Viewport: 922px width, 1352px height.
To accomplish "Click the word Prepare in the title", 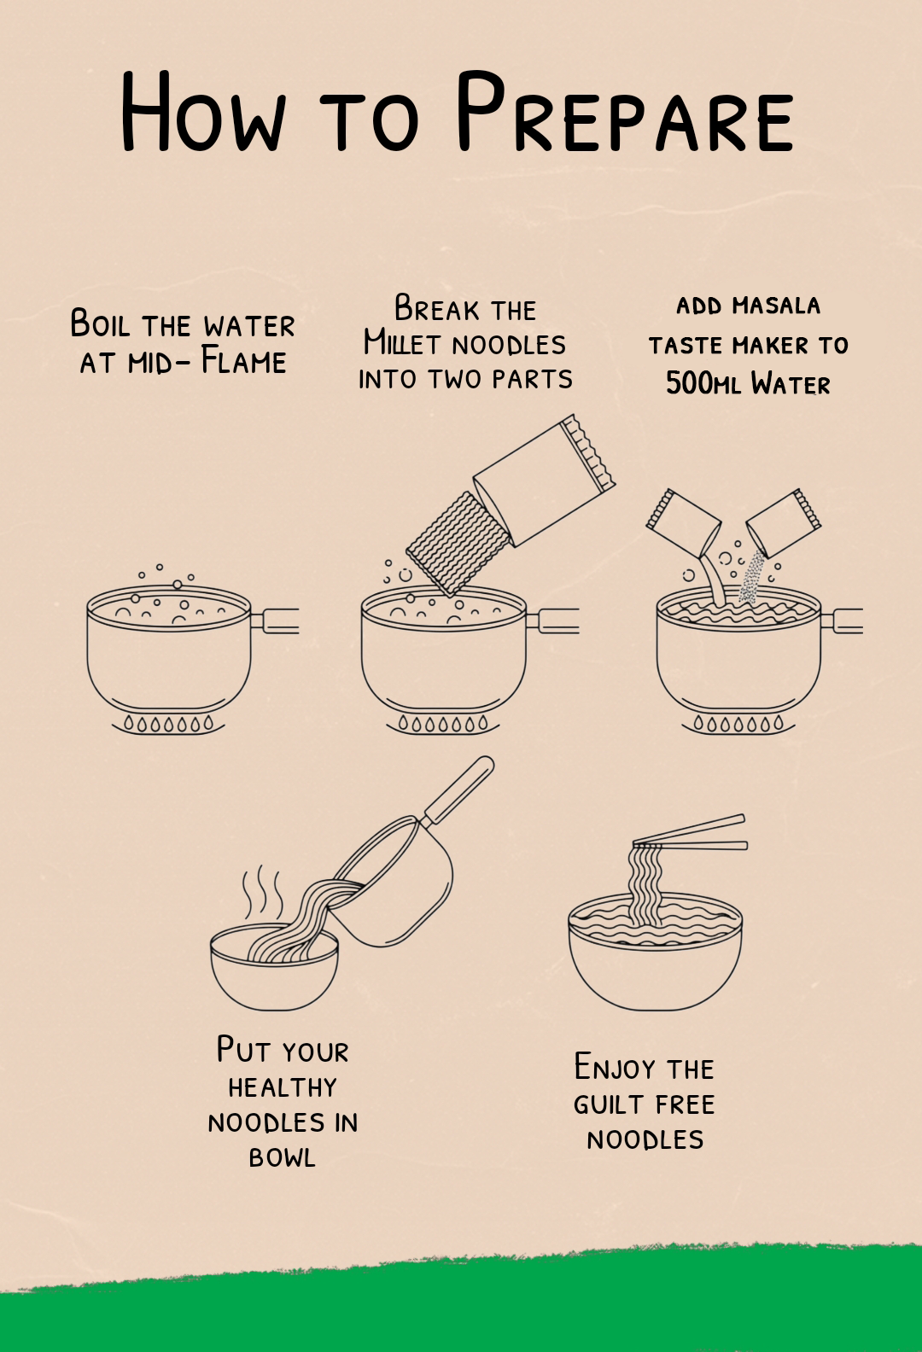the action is tap(625, 111).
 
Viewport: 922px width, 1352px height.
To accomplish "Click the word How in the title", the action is tap(203, 111).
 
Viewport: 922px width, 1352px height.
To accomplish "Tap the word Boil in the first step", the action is tap(100, 323).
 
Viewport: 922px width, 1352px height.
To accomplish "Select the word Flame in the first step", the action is tap(243, 360).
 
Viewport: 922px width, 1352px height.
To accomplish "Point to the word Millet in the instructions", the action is tap(401, 342).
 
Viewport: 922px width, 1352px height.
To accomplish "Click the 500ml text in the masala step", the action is tap(703, 382).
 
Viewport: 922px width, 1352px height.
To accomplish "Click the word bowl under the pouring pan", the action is tap(283, 1157).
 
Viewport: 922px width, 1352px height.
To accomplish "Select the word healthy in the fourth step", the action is tap(283, 1087).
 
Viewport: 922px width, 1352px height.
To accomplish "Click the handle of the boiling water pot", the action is tap(275, 621).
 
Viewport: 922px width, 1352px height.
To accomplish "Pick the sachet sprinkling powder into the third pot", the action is tap(784, 522).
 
